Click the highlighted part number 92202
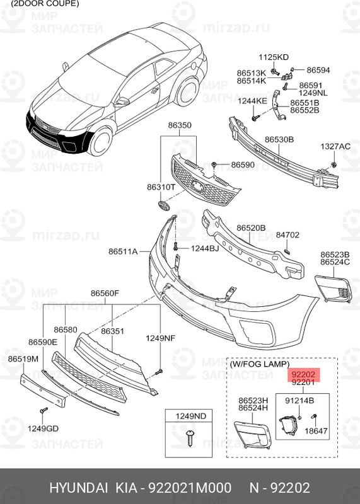pos(303,374)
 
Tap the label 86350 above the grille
pos(180,125)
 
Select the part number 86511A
pos(123,251)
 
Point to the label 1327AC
pos(335,147)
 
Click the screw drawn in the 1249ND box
pos(190,438)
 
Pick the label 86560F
pos(105,293)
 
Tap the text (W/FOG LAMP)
pos(259,364)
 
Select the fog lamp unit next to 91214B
pos(288,425)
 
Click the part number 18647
pos(316,431)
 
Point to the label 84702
pos(287,235)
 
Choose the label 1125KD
pos(274,57)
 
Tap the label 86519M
pos(23,358)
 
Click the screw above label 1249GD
pos(44,411)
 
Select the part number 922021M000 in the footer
pos(189,488)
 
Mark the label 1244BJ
pos(205,248)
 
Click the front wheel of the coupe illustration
pos(101,141)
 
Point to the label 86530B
pos(279,139)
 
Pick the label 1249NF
pos(161,338)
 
